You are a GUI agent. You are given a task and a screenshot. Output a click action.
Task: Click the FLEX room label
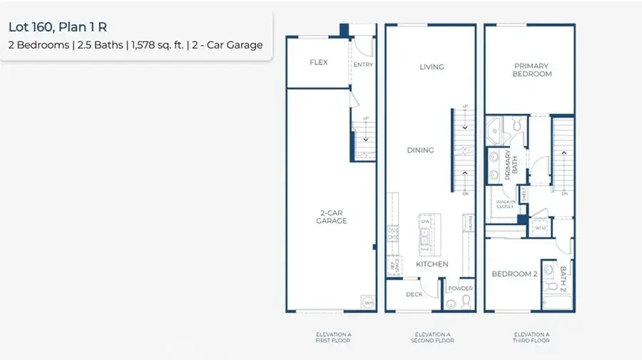pos(318,62)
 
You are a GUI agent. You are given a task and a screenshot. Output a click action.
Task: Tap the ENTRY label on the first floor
pos(363,65)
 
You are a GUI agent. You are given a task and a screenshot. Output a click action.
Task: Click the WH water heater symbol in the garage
pos(369,302)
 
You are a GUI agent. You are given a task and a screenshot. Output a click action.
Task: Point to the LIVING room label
pos(432,67)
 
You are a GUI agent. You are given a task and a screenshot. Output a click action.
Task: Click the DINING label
pos(420,150)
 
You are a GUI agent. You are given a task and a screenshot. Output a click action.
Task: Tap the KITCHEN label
pos(432,264)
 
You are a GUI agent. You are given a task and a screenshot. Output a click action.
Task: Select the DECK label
pos(414,294)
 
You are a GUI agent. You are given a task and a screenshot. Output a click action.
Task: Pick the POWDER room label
pos(460,289)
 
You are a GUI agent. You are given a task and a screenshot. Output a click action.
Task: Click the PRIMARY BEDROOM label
pos(532,70)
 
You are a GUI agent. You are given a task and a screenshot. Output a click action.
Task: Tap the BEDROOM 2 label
pos(514,274)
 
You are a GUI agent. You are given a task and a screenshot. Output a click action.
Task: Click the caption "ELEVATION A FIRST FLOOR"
pos(334,337)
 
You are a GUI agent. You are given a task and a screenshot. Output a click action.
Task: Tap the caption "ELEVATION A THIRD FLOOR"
pos(531,337)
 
